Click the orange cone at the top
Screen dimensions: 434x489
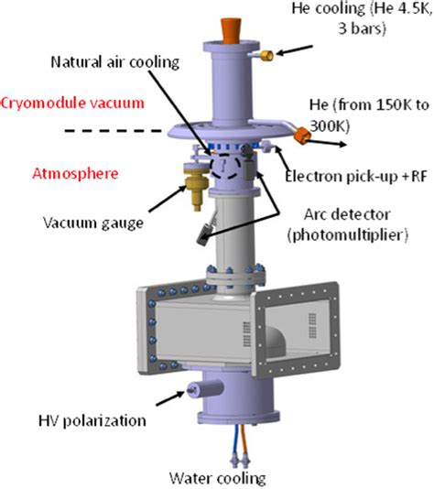231,30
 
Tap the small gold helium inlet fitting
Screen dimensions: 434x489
267,56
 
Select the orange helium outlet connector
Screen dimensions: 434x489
302,136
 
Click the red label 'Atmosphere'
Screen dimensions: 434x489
75,173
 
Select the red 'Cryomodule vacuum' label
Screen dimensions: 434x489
72,103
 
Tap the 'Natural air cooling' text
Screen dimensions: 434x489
115,62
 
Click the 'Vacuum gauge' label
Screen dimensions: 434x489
93,223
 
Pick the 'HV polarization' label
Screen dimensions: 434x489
92,420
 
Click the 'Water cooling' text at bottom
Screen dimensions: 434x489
218,478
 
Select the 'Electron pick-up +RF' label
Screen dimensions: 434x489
356,177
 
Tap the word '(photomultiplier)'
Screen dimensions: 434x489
348,234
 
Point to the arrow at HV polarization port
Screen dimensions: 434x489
170,398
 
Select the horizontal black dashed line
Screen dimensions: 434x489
113,131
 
